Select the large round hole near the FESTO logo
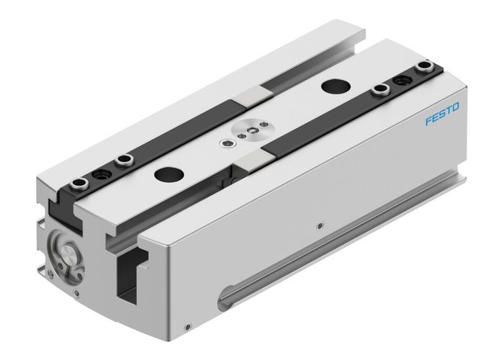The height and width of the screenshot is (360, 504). [333, 86]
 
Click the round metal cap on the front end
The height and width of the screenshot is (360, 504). [67, 253]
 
